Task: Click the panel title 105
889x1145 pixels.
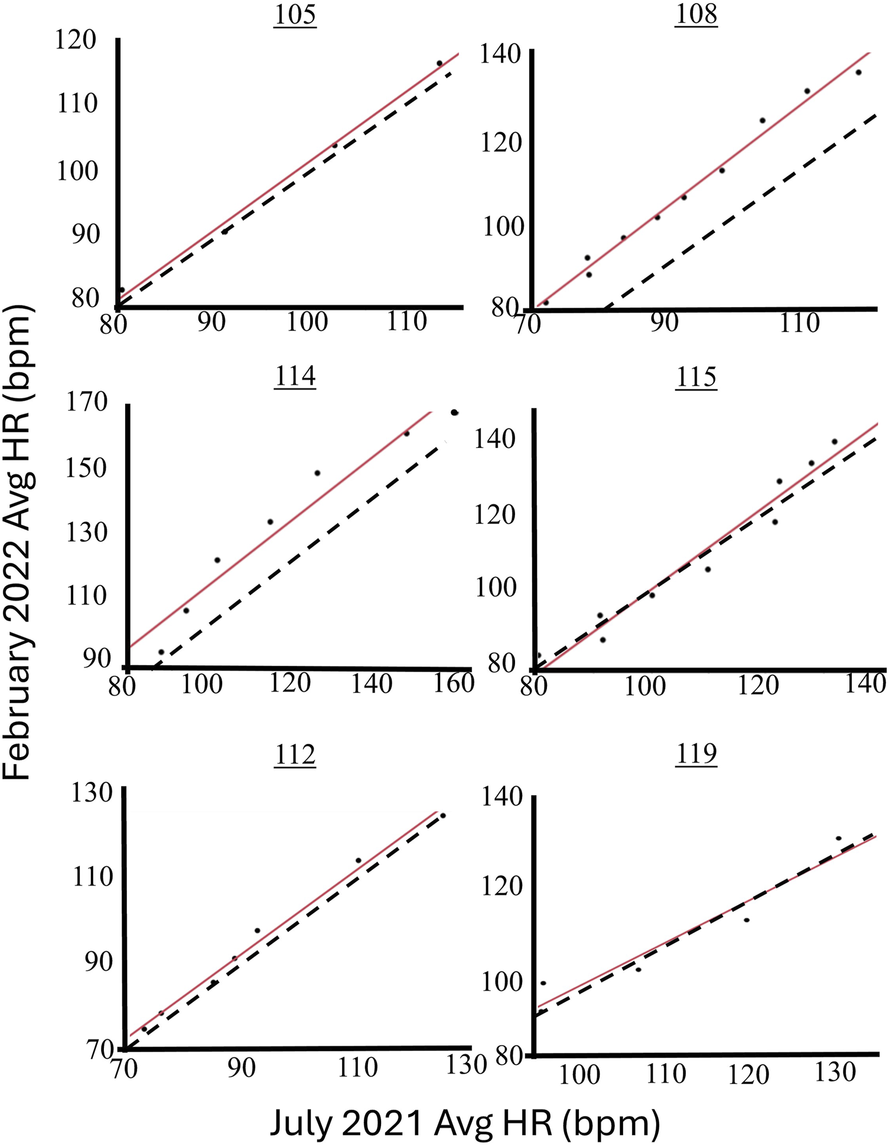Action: [295, 15]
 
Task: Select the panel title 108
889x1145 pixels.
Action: [696, 14]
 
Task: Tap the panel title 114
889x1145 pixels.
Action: [295, 376]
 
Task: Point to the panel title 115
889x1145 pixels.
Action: [696, 377]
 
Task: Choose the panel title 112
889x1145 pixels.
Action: [295, 754]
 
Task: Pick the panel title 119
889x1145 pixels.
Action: [696, 754]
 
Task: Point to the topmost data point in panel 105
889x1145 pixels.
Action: [439, 63]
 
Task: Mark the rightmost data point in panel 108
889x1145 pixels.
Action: [858, 73]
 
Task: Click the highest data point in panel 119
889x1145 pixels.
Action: [838, 838]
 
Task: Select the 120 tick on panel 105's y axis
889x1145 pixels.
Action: [75, 40]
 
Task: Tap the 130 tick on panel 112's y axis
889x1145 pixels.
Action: [92, 793]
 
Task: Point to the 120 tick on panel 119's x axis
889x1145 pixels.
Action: [748, 1075]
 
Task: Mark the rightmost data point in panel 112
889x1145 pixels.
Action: [443, 816]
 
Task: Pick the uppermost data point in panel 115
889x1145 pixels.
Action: [835, 442]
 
